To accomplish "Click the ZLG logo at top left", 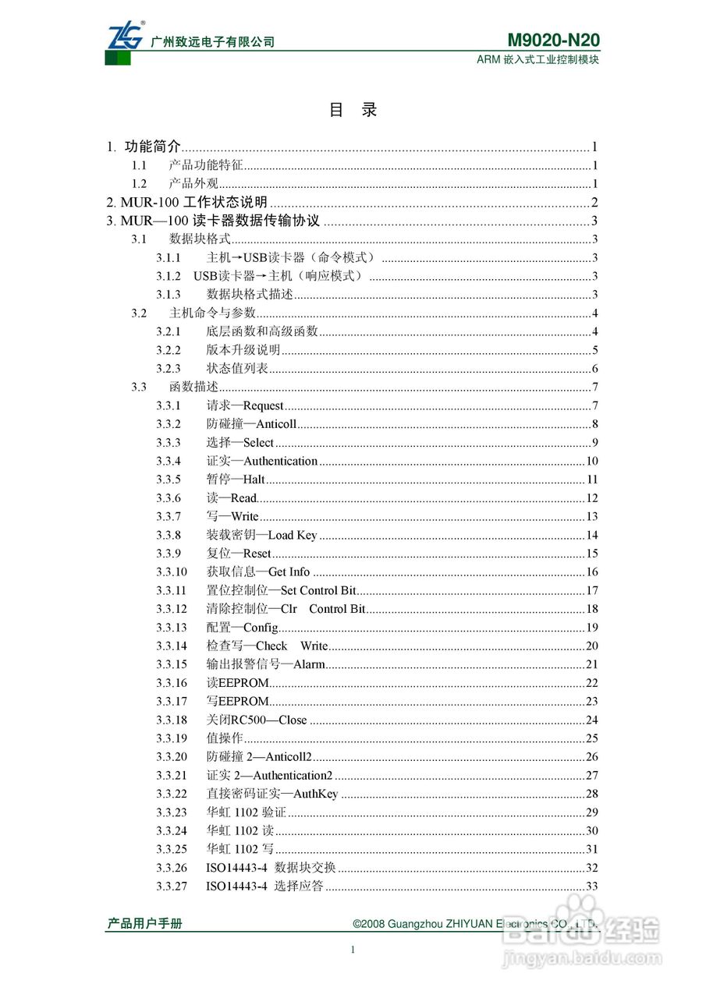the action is click(126, 37).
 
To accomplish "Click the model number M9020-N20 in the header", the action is click(553, 41).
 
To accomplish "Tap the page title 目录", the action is click(353, 110).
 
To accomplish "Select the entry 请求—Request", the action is click(245, 405).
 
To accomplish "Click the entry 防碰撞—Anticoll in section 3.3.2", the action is click(251, 424).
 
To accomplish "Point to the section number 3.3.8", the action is click(168, 535).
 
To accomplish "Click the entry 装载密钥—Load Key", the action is click(261, 535).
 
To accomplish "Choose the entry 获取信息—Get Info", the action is click(257, 572).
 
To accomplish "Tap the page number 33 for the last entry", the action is click(591, 887).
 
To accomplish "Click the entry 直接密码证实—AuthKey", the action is click(272, 794).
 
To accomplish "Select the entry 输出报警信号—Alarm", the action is click(265, 664).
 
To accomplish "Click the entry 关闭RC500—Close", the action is click(257, 720).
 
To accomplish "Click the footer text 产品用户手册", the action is click(144, 924).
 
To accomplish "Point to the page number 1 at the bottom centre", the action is click(353, 950).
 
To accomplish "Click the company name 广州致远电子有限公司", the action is click(212, 42).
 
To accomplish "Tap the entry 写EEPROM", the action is click(237, 702).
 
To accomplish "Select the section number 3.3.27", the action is click(172, 887).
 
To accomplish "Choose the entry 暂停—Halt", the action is click(236, 480).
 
